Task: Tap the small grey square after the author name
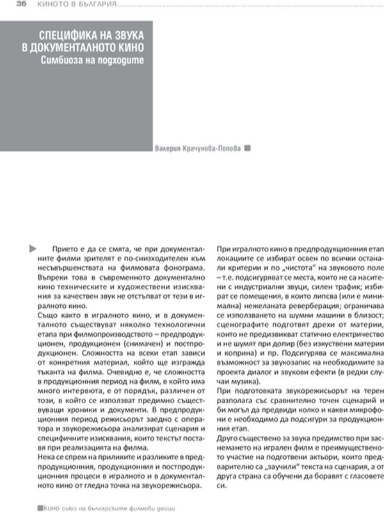click(248, 148)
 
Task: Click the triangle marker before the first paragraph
click(33, 247)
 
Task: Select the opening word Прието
click(59, 248)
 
